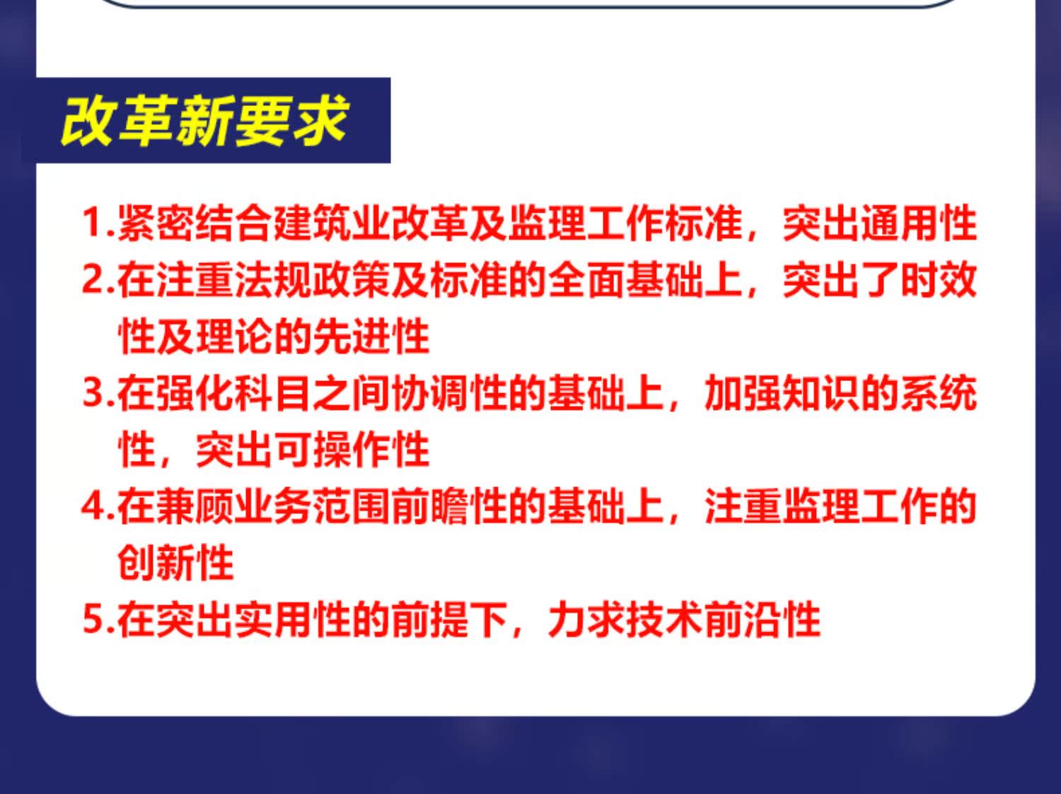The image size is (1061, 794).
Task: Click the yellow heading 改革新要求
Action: click(x=204, y=121)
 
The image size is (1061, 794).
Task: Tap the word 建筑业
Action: click(x=332, y=223)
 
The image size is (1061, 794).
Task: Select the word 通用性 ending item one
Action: click(x=918, y=223)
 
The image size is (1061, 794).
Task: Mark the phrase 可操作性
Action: click(x=352, y=450)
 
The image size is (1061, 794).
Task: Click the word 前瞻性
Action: click(x=449, y=507)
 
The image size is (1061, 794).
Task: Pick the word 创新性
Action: click(x=175, y=563)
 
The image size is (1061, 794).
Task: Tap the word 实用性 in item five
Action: click(x=293, y=619)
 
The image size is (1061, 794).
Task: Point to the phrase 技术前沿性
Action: click(x=724, y=619)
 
